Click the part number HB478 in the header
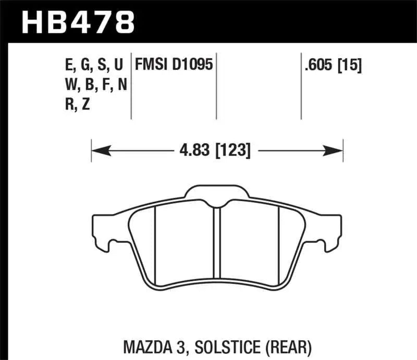click(77, 22)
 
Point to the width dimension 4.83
click(193, 151)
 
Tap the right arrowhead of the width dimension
click(333, 151)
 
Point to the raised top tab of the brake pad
click(218, 193)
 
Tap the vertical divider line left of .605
click(301, 86)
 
